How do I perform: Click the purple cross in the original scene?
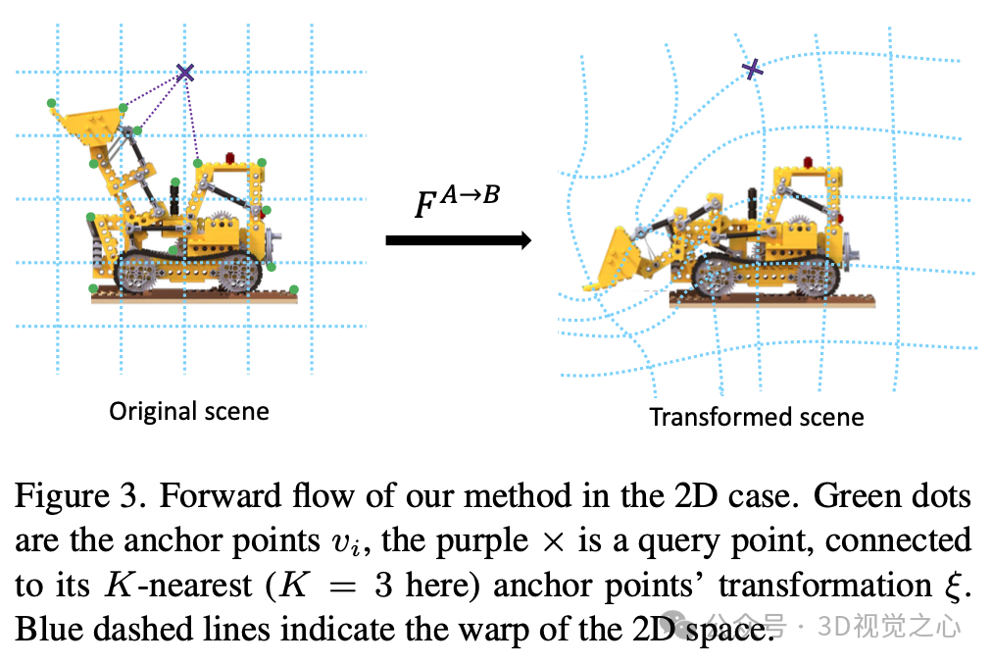(184, 72)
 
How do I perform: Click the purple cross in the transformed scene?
(752, 69)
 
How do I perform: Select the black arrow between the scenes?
(458, 240)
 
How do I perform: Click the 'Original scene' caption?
(188, 410)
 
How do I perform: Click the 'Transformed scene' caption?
(757, 417)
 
